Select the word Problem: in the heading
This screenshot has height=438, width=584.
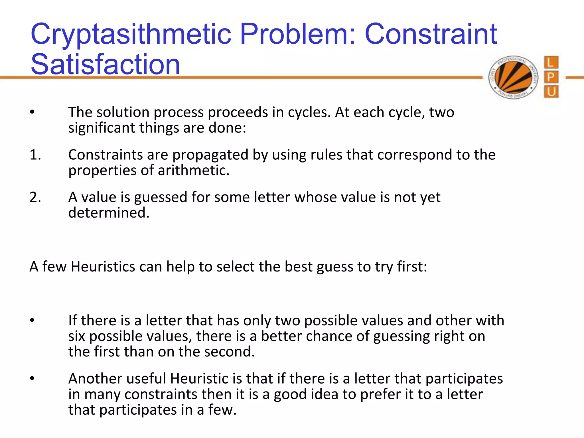pos(298,34)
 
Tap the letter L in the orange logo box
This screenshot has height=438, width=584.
pos(551,62)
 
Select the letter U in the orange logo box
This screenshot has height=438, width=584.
pos(551,92)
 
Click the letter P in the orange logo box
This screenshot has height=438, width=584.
pos(551,77)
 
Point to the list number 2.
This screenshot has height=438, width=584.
pos(35,197)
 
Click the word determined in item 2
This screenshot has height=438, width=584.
pos(109,213)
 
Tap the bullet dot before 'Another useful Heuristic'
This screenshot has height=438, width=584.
pos(32,379)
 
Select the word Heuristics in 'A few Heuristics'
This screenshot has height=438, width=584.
pos(103,267)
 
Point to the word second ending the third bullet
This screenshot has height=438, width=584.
pos(229,352)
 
